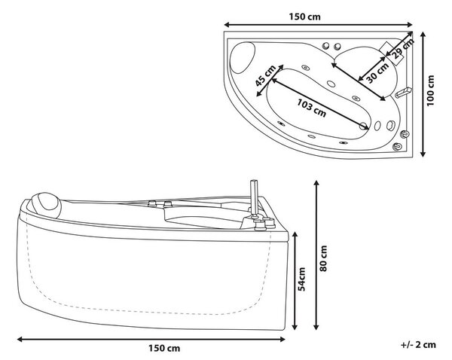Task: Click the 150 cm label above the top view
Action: (x=304, y=17)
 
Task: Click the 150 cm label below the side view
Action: (x=164, y=348)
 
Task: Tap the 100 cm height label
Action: (x=430, y=90)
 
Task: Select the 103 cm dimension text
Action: (x=312, y=108)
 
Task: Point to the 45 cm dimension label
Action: (x=265, y=75)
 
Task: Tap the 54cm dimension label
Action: (x=301, y=279)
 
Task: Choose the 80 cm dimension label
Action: (x=323, y=258)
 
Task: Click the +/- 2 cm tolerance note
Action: (x=418, y=344)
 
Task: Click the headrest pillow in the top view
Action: (x=243, y=57)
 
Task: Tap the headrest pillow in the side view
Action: (x=46, y=205)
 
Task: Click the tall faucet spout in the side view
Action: (x=254, y=198)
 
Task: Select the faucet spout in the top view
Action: (x=403, y=93)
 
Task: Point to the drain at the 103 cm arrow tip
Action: (x=364, y=125)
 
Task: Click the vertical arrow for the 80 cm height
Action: (x=316, y=255)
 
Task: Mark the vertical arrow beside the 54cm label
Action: (x=295, y=281)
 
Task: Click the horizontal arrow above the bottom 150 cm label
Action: (x=151, y=339)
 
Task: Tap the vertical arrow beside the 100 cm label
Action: (x=423, y=94)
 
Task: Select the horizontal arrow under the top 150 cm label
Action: (x=319, y=25)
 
